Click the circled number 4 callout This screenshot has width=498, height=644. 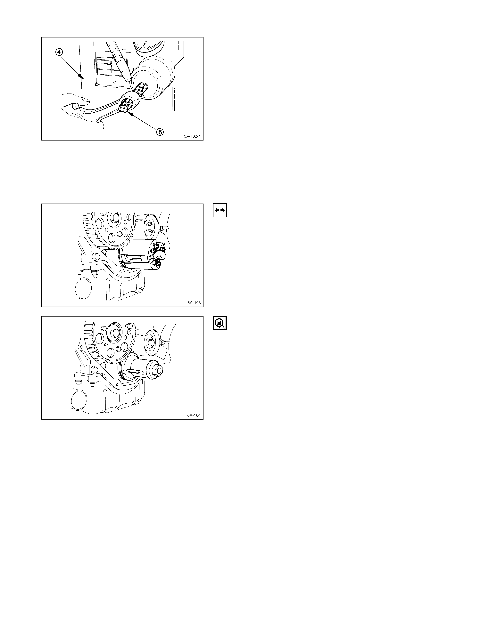59,52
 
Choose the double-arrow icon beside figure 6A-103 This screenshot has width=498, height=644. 220,210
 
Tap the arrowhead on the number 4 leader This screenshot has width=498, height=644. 80,76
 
